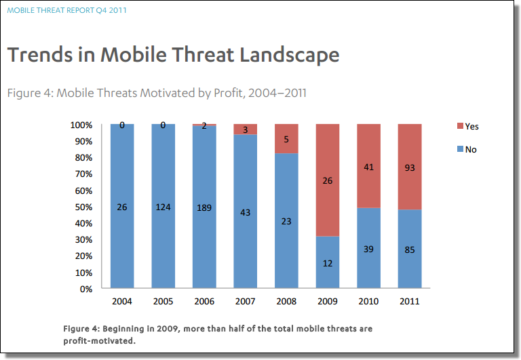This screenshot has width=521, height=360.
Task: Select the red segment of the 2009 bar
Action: point(328,180)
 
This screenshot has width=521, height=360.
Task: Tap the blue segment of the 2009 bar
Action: point(328,262)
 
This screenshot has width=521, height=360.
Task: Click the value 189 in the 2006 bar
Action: point(204,207)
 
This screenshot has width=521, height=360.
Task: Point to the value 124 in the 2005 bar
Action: point(163,207)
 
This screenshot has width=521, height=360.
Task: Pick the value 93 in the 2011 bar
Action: point(410,167)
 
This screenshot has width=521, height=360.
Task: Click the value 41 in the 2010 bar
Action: point(368,167)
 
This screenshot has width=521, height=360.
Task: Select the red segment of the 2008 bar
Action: point(286,138)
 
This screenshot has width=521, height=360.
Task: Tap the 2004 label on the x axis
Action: point(122,301)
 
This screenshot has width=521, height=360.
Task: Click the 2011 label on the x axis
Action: point(410,301)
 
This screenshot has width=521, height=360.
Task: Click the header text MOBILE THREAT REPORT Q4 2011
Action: point(66,10)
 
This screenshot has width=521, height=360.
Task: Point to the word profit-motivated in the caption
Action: point(99,341)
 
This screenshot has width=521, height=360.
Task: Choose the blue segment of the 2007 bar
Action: point(245,212)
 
